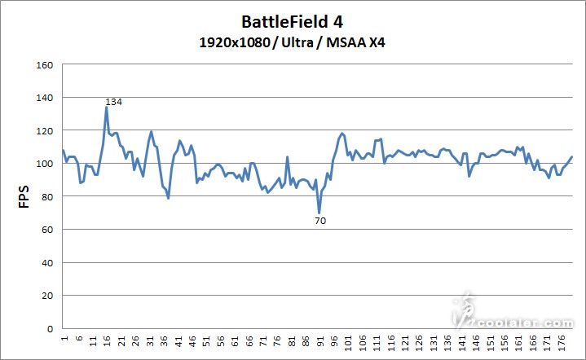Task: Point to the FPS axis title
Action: click(24, 196)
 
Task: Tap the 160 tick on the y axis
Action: click(45, 65)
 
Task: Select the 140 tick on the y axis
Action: click(45, 98)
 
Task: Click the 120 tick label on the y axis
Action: click(45, 131)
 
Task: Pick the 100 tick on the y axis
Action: click(45, 164)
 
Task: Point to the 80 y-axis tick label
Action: click(47, 197)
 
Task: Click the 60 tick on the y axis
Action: click(47, 230)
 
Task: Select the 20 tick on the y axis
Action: click(47, 296)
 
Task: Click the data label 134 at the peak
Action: click(113, 102)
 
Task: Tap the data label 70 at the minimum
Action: click(320, 221)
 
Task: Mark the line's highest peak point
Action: click(106, 108)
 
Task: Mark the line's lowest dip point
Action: click(319, 213)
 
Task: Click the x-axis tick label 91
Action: click(320, 340)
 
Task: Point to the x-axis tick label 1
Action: click(64, 337)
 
